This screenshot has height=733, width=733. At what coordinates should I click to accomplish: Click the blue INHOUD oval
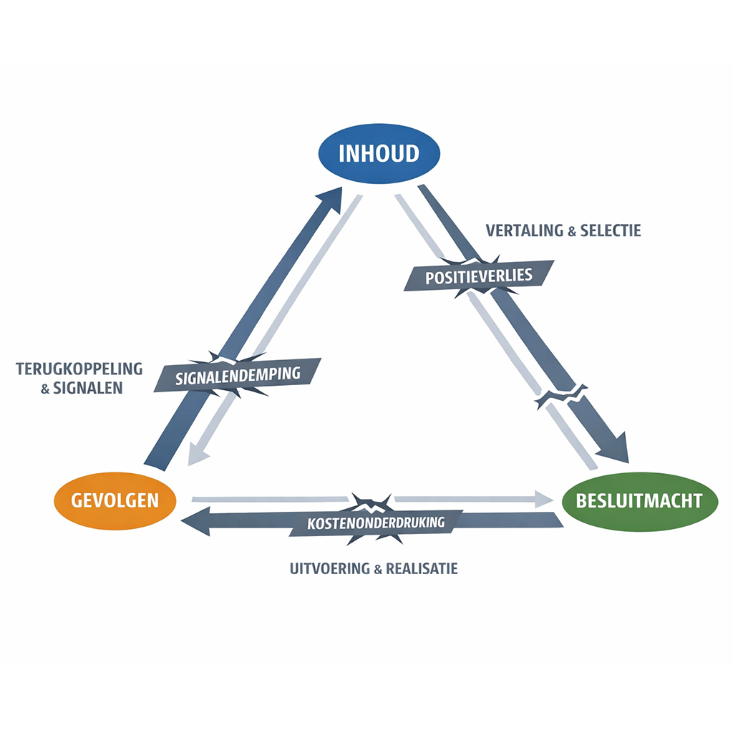379,154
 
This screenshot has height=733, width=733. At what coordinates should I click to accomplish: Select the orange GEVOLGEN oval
115,499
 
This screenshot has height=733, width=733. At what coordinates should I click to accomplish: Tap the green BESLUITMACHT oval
639,500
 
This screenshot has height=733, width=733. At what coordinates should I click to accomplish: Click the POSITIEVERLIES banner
479,276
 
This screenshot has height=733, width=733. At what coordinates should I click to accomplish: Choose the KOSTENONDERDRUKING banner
376,522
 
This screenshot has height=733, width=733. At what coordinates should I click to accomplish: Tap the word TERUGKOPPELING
79,369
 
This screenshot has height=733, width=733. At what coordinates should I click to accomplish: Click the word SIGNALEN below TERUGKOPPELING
88,388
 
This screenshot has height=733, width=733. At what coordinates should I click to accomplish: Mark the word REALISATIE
422,569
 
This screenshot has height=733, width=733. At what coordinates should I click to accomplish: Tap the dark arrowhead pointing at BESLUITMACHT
614,448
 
